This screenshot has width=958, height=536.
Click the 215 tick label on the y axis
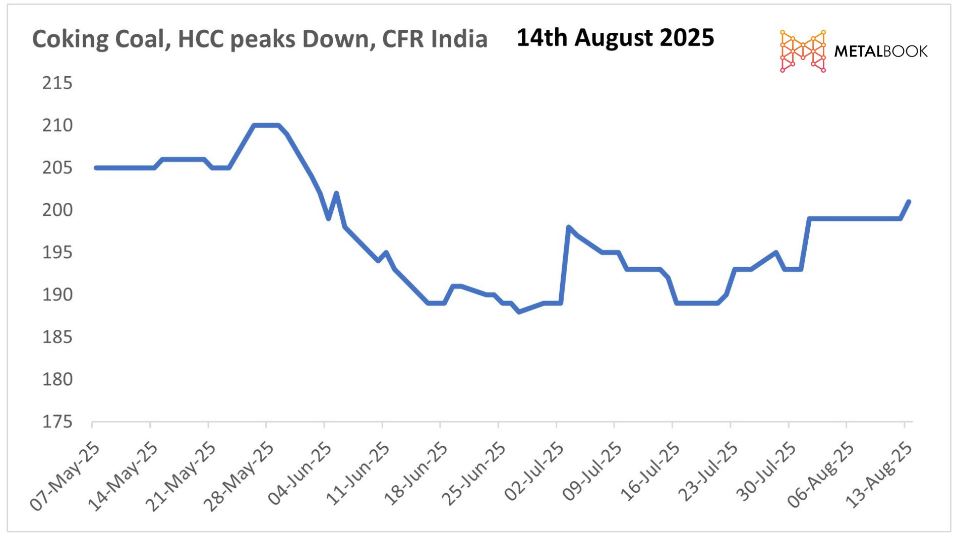[57, 83]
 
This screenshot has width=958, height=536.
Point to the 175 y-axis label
[57, 422]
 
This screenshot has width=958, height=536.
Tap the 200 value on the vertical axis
[57, 210]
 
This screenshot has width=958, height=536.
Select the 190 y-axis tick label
[57, 294]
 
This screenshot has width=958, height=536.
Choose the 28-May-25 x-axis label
[239, 477]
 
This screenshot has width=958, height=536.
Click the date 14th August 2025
[615, 38]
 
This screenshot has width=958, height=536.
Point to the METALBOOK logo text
[880, 51]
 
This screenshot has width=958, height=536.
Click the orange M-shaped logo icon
[803, 51]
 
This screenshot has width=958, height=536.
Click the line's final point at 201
[909, 202]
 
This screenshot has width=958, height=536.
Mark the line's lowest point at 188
[519, 312]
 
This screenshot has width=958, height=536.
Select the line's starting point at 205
[96, 168]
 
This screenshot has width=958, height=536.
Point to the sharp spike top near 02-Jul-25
[569, 227]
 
